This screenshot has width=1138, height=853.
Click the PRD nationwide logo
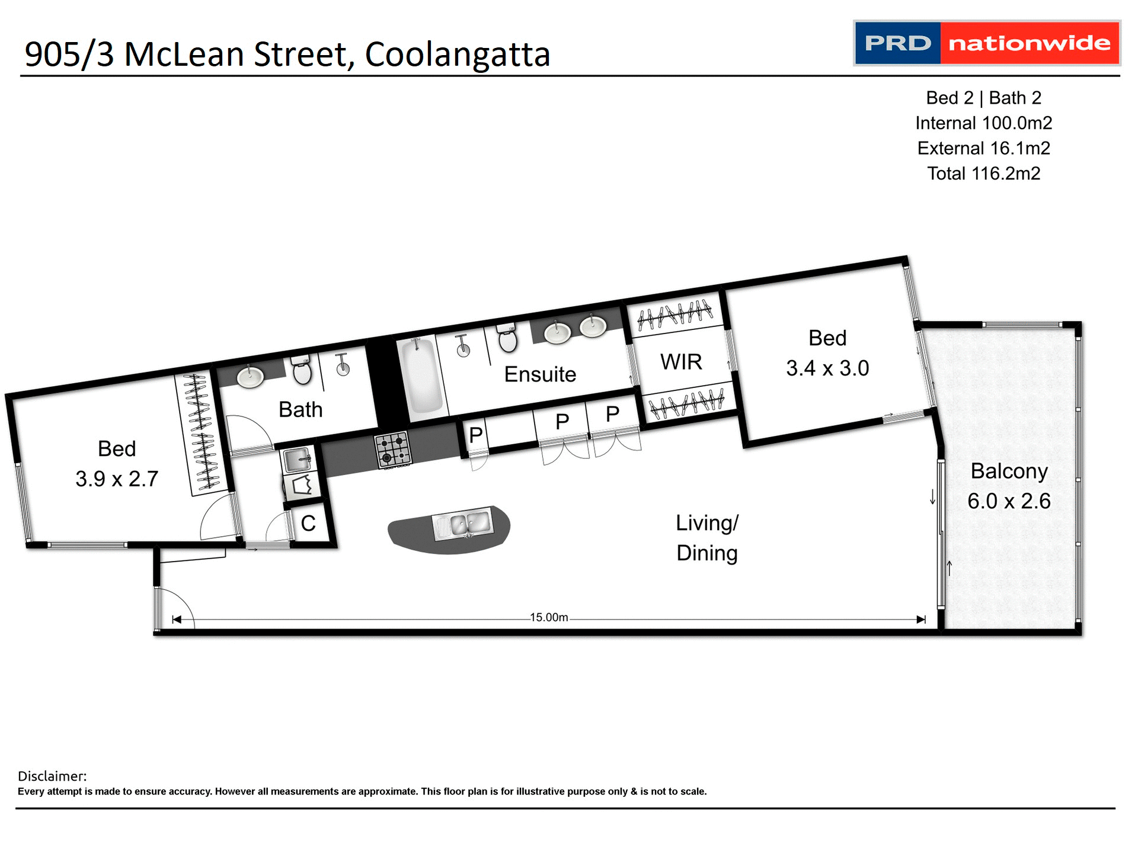[986, 43]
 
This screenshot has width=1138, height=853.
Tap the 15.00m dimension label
[549, 617]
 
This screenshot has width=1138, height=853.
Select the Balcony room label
[1009, 472]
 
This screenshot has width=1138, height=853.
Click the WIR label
[681, 362]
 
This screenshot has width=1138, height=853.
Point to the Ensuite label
[540, 374]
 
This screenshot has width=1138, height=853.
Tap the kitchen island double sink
[463, 524]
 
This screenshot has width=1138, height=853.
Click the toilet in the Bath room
[302, 371]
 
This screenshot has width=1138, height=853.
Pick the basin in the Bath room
[250, 377]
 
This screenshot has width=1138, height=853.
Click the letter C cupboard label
[308, 524]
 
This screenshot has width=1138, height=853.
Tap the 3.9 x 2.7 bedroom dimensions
[117, 479]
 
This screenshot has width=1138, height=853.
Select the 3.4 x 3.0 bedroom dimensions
[827, 368]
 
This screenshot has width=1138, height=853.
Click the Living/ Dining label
[707, 538]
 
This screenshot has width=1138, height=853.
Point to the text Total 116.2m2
[983, 174]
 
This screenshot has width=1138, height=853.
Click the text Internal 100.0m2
[983, 123]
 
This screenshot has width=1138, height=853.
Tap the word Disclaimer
[52, 776]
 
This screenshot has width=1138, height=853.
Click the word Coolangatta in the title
[458, 54]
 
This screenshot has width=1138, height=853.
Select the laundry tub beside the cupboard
[298, 459]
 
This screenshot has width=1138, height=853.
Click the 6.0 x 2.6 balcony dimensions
[1009, 501]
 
